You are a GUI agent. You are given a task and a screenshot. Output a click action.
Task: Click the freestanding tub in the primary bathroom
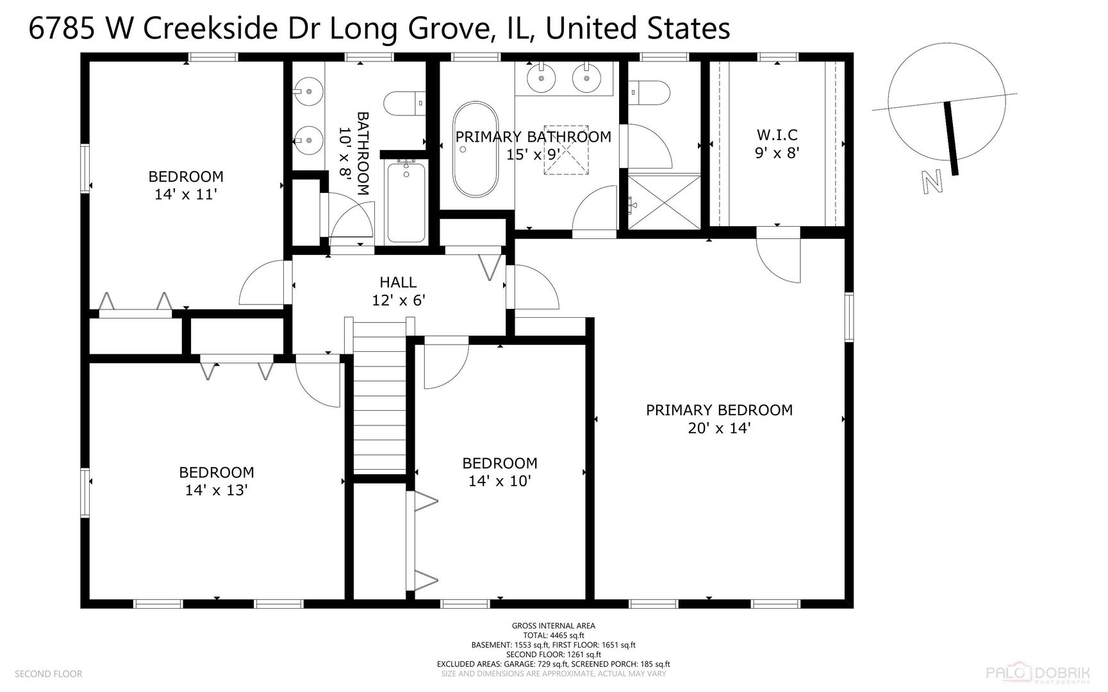(475, 149)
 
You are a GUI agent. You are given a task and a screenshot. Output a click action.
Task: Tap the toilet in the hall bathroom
(404, 104)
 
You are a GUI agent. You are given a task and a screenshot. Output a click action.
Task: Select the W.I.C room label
(777, 135)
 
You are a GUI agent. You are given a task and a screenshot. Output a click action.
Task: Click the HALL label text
(398, 282)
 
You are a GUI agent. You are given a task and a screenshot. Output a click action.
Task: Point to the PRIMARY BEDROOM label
(719, 410)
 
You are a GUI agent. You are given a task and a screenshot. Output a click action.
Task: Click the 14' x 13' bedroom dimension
(217, 490)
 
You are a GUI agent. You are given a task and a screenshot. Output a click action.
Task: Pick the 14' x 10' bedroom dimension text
(500, 481)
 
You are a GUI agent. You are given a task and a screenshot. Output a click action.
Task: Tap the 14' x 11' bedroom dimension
(186, 194)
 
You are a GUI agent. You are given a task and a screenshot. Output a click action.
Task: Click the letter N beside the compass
(932, 181)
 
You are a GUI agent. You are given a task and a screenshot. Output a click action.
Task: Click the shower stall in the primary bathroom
(665, 201)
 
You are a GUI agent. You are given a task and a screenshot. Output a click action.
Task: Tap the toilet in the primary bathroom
(649, 93)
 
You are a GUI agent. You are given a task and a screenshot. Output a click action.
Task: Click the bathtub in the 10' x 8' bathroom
(406, 202)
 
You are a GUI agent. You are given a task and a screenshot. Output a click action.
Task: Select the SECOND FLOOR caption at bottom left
(49, 674)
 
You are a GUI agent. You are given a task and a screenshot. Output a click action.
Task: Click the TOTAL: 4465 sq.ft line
(554, 636)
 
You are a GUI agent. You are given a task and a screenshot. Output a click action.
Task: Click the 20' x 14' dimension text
(719, 428)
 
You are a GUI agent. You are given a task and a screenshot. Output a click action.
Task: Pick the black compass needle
(950, 137)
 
